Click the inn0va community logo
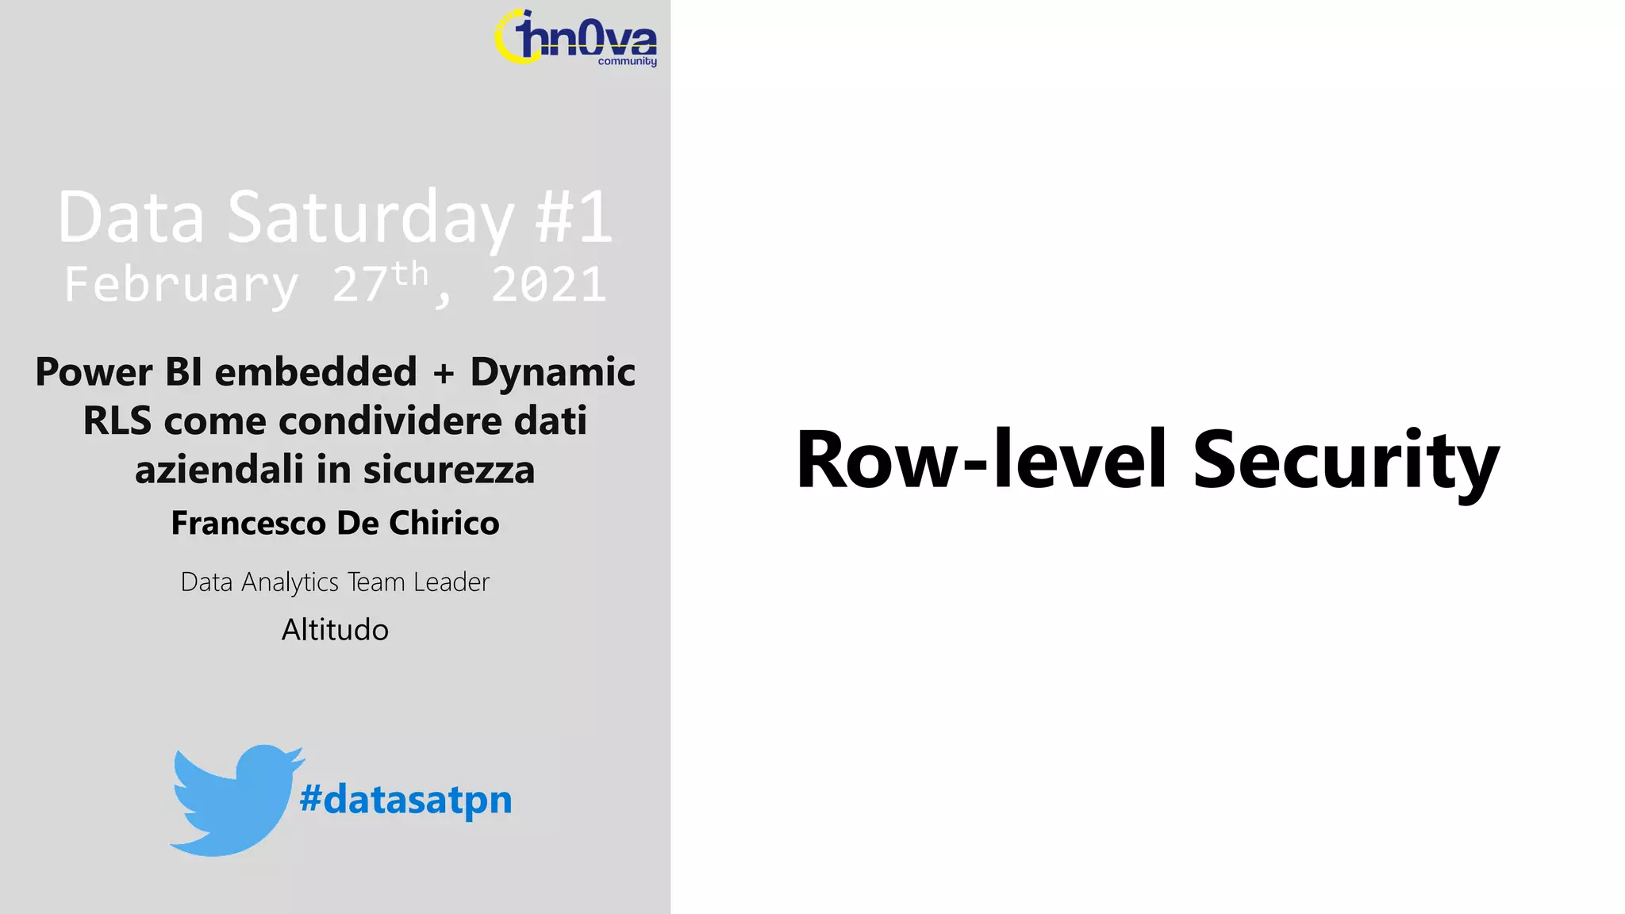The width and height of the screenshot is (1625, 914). (576, 38)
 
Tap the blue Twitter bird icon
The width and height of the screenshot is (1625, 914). (234, 800)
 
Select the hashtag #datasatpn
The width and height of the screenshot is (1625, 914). (405, 800)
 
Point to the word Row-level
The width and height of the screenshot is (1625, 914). (982, 460)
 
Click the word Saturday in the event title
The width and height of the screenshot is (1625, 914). (371, 217)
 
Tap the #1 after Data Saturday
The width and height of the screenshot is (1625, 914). (573, 217)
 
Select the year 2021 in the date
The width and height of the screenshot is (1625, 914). (548, 285)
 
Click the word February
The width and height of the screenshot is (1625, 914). (182, 285)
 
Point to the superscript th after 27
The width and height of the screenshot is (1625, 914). (409, 275)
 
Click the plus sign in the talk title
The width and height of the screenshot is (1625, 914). (444, 373)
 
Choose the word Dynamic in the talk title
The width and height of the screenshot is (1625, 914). (552, 372)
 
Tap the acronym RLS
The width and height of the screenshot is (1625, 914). (117, 421)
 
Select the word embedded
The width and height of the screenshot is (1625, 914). (316, 372)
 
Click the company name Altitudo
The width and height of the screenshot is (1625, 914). (335, 630)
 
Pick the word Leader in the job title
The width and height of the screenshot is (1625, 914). (451, 582)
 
